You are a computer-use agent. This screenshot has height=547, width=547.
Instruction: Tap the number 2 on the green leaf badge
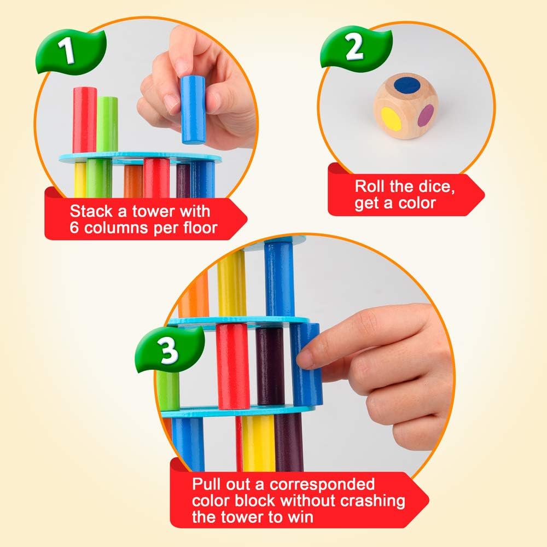point(354,48)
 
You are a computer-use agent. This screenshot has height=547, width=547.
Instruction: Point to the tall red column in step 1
point(85,119)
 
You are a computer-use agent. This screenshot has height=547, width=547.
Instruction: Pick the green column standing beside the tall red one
point(107,124)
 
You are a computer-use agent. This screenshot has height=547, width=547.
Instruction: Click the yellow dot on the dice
point(389,117)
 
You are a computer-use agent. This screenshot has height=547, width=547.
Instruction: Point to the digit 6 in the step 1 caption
point(74,228)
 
